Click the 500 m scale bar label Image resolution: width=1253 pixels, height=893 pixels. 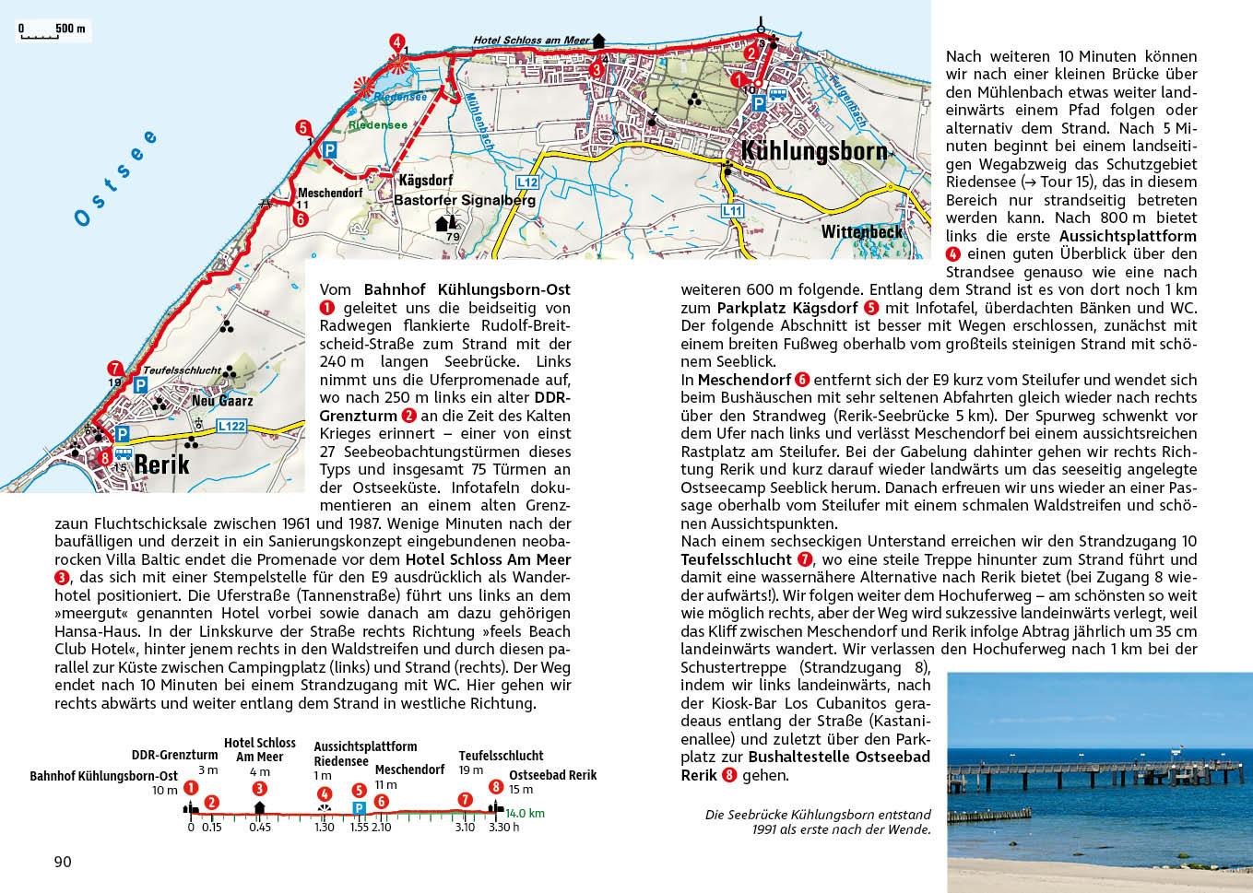tap(70, 28)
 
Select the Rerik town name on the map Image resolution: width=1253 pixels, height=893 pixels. tap(161, 463)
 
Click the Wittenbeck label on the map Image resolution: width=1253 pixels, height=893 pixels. tap(862, 232)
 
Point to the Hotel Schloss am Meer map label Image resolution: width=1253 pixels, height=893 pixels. tap(530, 41)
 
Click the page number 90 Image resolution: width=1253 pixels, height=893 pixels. tap(63, 862)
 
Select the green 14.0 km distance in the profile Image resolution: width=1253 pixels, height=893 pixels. tap(525, 813)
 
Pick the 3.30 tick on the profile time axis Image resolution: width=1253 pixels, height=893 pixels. tap(498, 827)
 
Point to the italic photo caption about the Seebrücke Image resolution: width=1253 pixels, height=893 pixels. tap(818, 821)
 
